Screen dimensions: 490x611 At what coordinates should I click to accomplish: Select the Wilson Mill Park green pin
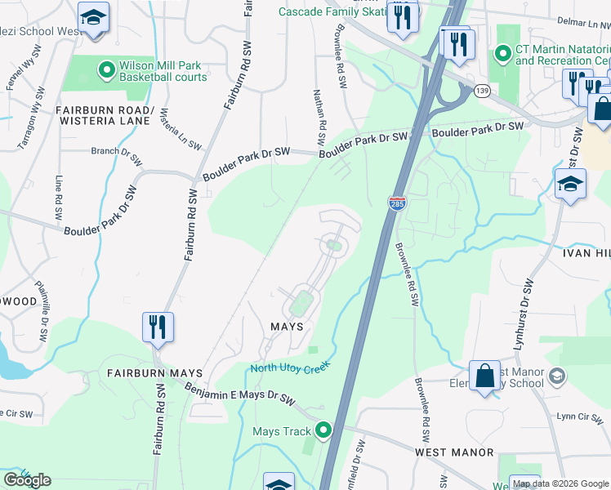pos(106,70)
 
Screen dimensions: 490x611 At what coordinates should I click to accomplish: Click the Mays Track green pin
pos(324,430)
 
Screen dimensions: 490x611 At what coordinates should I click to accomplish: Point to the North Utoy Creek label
pos(289,367)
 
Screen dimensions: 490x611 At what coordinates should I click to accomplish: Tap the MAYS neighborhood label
pos(287,326)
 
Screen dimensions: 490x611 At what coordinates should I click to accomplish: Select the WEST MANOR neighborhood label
pos(454,452)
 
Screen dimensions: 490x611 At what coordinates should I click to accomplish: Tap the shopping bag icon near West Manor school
pos(484,376)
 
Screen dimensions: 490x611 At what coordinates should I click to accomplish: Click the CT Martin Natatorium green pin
pos(503,55)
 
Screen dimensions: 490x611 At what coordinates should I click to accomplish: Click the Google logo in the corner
pos(27,479)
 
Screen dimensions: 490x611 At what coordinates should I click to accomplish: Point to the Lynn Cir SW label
pos(578,416)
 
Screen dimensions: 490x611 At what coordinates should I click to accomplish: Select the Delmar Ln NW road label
pos(576,24)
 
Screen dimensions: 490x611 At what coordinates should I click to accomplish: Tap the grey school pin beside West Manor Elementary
pos(557,376)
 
